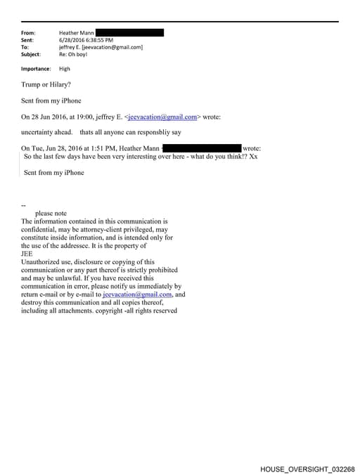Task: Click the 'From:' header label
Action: (28, 32)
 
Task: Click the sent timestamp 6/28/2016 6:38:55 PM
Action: (86, 40)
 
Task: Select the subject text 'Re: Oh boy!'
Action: (73, 54)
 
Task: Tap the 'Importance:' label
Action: (36, 69)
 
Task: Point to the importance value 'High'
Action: (65, 69)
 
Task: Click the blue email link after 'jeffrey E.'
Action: (162, 117)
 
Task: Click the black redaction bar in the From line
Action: (129, 32)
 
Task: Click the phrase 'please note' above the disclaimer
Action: (51, 213)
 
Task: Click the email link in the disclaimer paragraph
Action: (142, 294)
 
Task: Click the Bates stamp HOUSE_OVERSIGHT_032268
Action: (307, 468)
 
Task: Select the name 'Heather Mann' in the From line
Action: (76, 32)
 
